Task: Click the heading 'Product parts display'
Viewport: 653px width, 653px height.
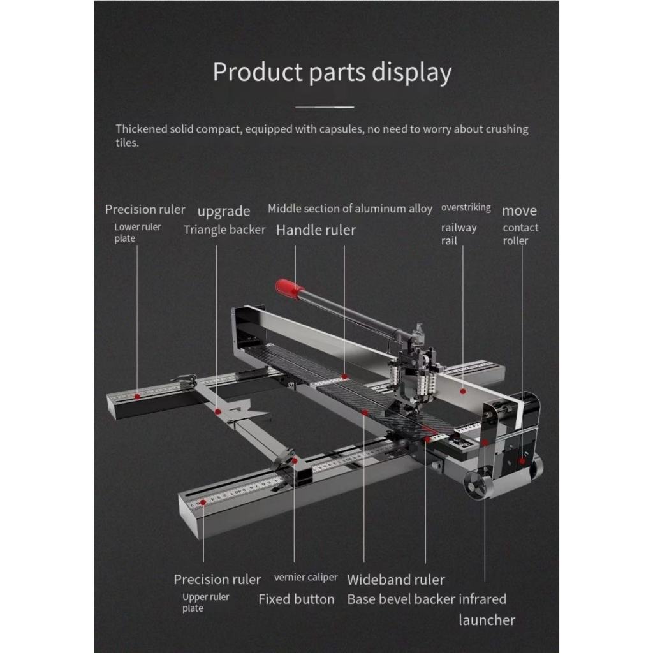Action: coord(332,72)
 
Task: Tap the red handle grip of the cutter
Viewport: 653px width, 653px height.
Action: coord(290,288)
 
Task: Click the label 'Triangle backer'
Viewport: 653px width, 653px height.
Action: coord(224,230)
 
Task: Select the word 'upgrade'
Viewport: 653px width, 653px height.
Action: coord(223,211)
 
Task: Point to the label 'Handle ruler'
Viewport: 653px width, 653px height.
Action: coord(316,230)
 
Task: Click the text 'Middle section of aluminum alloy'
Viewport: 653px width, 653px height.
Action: coord(350,209)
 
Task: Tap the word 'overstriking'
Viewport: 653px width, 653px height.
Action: coord(466,208)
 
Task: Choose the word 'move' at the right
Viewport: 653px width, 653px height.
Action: coord(519,210)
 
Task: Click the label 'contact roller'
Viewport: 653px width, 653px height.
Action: coord(520,234)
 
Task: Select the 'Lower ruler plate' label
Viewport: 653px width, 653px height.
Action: coord(137,233)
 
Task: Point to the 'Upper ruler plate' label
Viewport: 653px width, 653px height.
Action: coord(205,603)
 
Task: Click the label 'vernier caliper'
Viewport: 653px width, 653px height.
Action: coord(305,578)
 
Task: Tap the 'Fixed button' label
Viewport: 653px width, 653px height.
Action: coord(296,599)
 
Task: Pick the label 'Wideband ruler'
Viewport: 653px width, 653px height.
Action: coord(395,580)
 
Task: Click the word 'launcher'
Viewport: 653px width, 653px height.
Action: coord(487,620)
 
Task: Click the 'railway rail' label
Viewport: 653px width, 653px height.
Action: coord(459,234)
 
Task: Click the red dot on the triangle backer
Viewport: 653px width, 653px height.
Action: coord(218,411)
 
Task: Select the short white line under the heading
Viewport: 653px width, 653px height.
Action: coord(325,106)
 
